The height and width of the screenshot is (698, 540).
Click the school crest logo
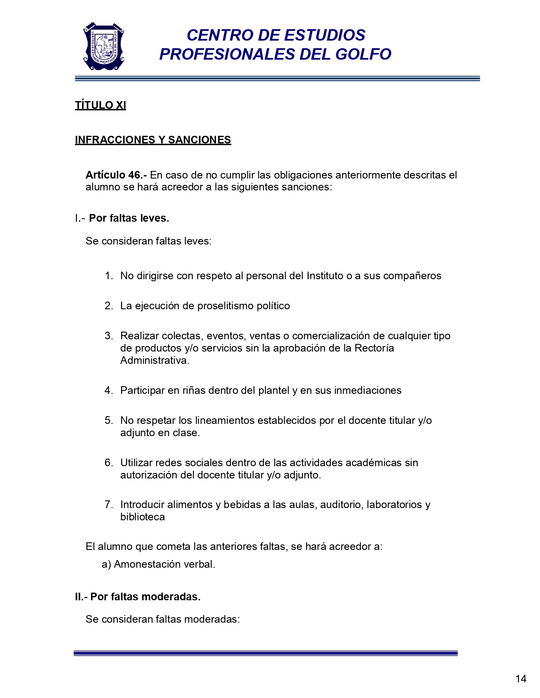tap(103, 46)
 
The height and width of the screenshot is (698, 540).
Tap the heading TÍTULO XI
tap(100, 105)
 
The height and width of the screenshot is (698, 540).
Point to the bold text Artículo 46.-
tap(116, 175)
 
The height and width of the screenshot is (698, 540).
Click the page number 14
tap(521, 679)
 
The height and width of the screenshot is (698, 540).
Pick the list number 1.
tap(108, 276)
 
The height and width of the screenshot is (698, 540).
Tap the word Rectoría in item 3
tap(374, 348)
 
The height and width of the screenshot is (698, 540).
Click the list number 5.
tap(108, 420)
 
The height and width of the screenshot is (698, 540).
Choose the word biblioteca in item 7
tap(142, 517)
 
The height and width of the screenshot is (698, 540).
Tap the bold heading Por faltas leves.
tap(129, 218)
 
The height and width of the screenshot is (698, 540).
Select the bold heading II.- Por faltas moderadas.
tap(138, 597)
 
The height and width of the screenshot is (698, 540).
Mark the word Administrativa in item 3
tap(154, 360)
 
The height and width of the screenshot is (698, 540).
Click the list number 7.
tap(108, 505)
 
